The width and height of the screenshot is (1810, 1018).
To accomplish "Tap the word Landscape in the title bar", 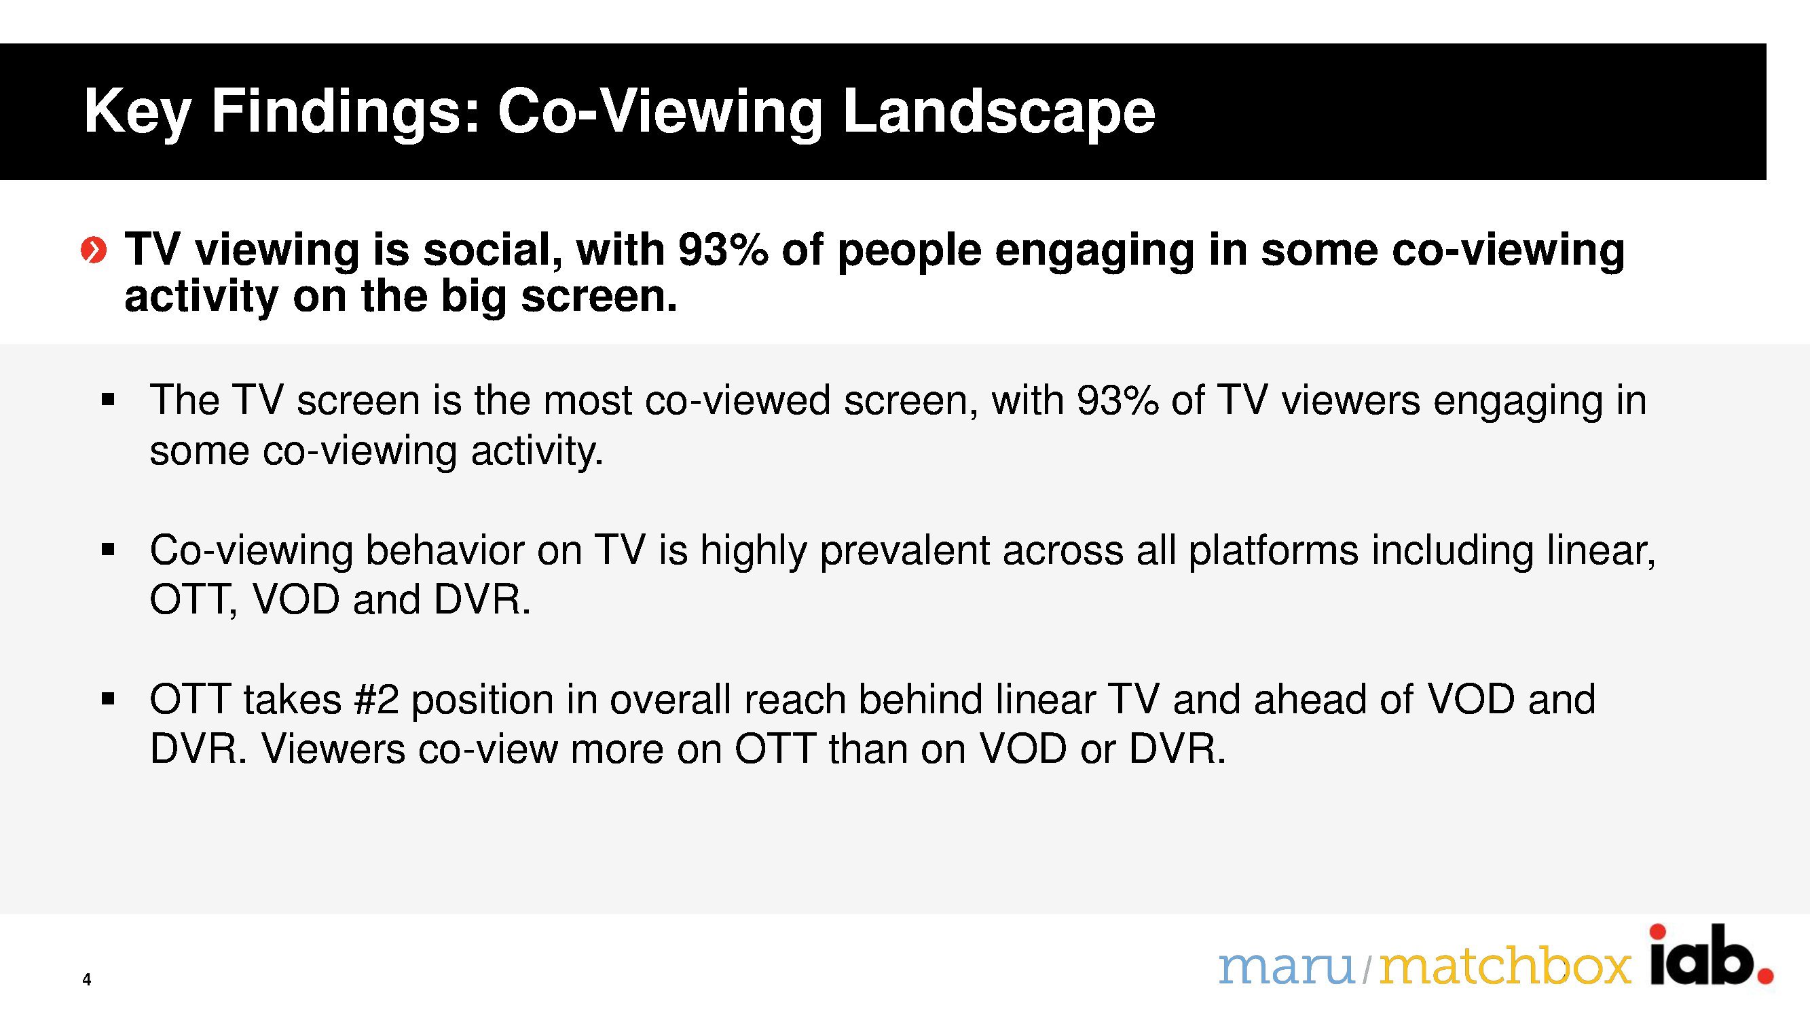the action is (x=999, y=113).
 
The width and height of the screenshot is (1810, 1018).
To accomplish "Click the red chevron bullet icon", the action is (x=94, y=250).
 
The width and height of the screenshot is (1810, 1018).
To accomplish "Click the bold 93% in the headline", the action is (x=723, y=250).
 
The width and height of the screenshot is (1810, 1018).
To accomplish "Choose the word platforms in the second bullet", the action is (x=1273, y=551).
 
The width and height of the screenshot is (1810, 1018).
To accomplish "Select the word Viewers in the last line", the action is (x=333, y=749).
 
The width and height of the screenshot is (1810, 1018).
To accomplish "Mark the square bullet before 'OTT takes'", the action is (x=107, y=700).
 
